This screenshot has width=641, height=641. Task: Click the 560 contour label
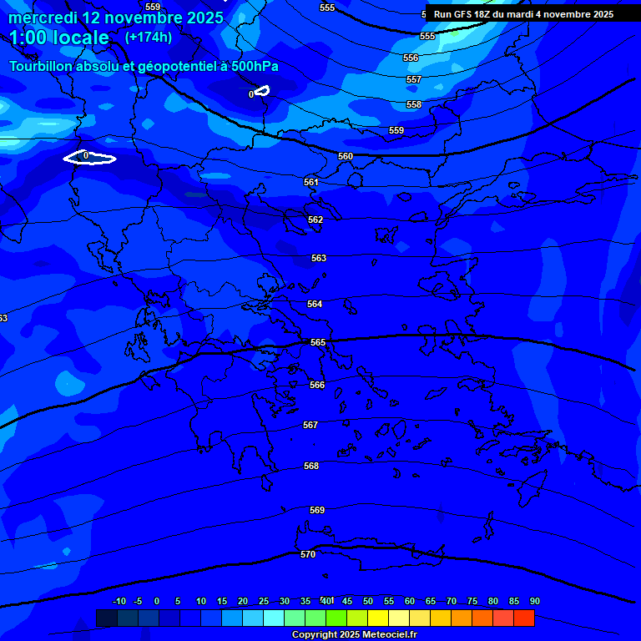346,156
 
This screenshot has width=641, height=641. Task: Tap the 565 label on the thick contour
318,343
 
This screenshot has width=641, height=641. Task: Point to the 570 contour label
308,554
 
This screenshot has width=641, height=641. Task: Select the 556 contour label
411,58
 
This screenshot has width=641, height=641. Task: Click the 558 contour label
414,104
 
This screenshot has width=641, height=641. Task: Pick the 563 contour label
319,258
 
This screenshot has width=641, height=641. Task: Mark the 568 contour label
311,466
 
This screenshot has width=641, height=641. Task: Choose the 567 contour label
310,425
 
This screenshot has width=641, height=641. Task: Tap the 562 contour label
315,220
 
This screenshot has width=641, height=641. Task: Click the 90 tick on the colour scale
534,601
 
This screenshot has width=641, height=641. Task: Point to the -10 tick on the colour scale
119,601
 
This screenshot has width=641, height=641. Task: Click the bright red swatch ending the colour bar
523,618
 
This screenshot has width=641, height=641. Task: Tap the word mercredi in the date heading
43,18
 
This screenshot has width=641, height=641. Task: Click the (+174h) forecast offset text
149,37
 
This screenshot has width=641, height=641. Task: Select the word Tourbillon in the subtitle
42,66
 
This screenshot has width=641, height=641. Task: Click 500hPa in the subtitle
255,66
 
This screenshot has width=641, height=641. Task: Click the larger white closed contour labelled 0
89,158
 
